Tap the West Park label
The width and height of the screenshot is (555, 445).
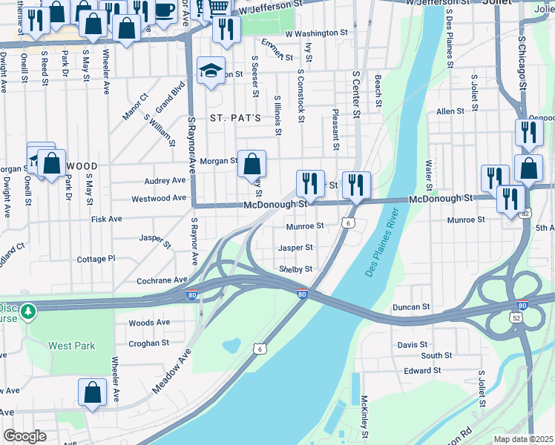tap(72, 346)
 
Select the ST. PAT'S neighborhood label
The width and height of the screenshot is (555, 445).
tap(234, 118)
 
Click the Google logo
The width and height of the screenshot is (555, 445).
tap(24, 436)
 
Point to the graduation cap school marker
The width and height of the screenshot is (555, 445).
tap(211, 70)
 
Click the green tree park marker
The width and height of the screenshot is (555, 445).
tap(28, 310)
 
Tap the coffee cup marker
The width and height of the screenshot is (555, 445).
tap(164, 10)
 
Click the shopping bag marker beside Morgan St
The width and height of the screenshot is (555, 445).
tap(252, 162)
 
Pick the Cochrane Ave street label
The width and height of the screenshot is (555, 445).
tap(162, 280)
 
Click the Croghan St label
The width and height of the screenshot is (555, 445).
tap(149, 343)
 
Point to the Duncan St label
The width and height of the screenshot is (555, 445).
tap(412, 306)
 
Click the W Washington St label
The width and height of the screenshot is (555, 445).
tap(316, 33)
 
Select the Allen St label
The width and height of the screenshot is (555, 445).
tap(450, 111)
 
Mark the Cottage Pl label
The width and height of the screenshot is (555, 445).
tap(96, 259)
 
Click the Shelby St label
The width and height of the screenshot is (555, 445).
tap(295, 269)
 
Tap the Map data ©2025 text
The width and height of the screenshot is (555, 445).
tap(523, 439)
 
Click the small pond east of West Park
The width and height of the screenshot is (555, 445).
tap(231, 345)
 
